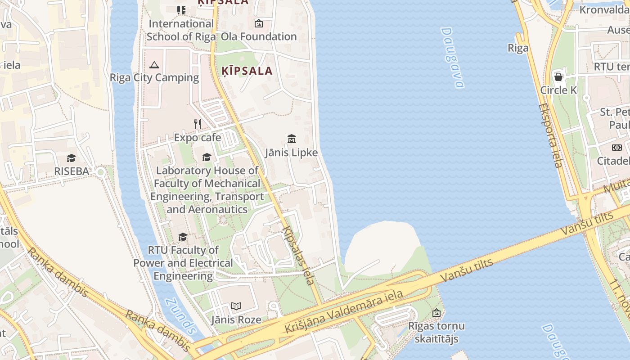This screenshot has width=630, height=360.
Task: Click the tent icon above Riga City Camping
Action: coord(154,65)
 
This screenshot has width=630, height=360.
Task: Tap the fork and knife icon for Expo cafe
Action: coord(198,124)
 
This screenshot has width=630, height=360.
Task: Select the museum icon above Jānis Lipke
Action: coord(291,139)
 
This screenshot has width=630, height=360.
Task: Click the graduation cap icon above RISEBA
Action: coord(71,158)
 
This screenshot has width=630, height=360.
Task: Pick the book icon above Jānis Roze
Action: coord(236,306)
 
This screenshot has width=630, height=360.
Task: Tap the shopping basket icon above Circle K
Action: coord(558,77)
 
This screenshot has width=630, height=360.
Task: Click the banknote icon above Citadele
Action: coord(616,147)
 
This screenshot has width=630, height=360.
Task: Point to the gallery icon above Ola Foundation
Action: coord(259,23)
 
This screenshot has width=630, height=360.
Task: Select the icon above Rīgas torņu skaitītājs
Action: coord(436,313)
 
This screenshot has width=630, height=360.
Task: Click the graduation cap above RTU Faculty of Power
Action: coord(183,237)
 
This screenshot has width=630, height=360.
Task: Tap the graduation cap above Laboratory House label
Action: coord(207,157)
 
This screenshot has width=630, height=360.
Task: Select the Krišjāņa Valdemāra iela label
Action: coord(344,312)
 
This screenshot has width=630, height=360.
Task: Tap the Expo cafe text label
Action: coord(198,138)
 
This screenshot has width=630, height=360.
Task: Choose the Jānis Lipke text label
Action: coord(291,153)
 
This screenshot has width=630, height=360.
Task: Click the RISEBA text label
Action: coord(72,171)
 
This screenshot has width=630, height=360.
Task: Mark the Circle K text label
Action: coord(558,90)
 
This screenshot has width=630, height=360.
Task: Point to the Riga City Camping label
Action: coord(154,78)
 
